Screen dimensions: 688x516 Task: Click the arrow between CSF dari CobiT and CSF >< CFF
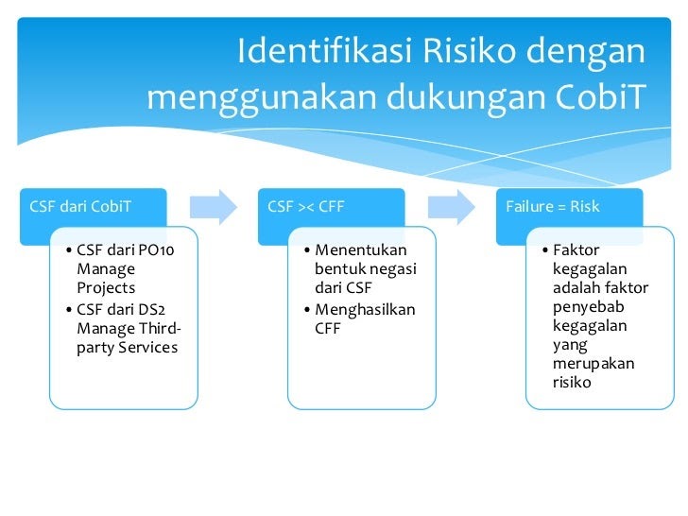(x=214, y=206)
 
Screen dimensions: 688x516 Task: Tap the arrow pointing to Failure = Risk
(x=452, y=206)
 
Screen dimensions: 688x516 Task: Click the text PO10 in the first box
(x=156, y=250)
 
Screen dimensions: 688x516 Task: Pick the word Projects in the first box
(x=106, y=288)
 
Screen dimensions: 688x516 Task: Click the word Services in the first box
(x=147, y=347)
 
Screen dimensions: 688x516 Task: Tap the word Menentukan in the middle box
(x=360, y=250)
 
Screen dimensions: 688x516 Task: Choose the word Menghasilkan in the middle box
(x=365, y=309)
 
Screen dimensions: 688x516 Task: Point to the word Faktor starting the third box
(x=576, y=250)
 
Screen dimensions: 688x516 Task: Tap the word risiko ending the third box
(x=572, y=383)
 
